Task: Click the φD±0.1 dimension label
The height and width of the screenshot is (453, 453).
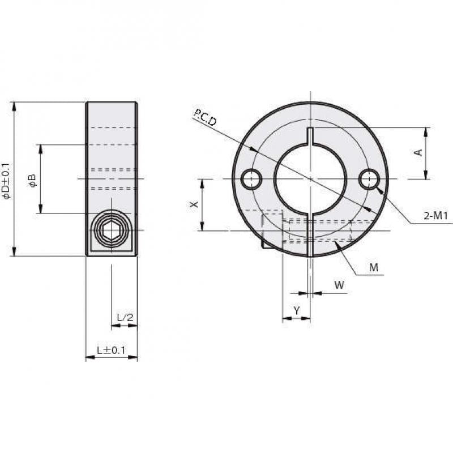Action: click(x=6, y=181)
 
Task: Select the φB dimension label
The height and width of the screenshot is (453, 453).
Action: click(x=32, y=181)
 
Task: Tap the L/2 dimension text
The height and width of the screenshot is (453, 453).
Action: click(x=125, y=317)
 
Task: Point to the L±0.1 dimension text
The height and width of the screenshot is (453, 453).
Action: click(x=111, y=350)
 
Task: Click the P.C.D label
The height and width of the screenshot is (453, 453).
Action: click(x=205, y=117)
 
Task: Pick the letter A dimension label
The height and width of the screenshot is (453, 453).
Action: click(x=418, y=152)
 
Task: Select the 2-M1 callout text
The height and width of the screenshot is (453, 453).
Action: click(x=435, y=215)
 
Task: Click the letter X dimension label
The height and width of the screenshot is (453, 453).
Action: click(x=194, y=204)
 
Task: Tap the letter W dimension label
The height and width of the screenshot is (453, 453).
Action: click(x=339, y=285)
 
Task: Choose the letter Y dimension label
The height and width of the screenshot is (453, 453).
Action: click(x=297, y=310)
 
